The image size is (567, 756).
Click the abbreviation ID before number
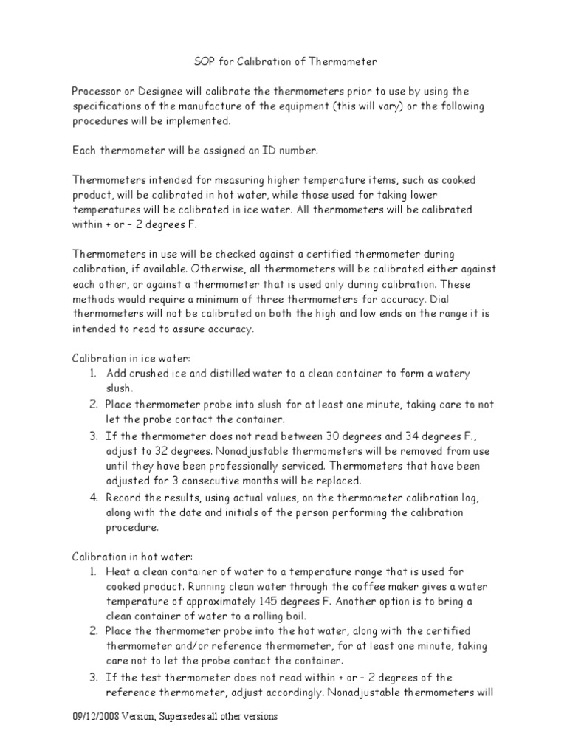click(x=265, y=151)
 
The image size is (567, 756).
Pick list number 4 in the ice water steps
click(x=94, y=497)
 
